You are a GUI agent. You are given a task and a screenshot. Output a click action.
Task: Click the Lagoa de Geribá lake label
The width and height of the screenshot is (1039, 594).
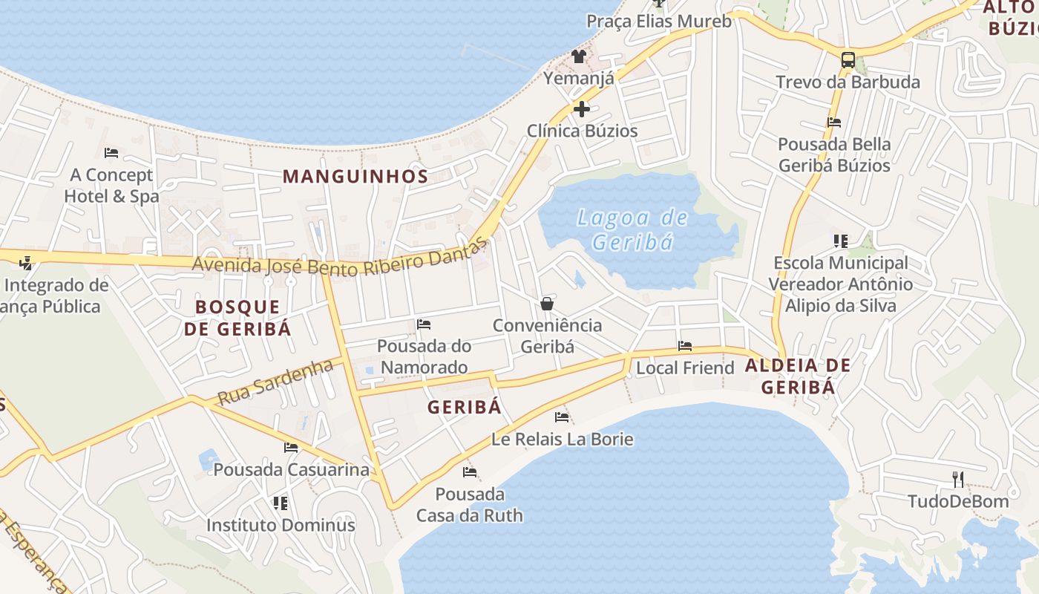[x=633, y=229]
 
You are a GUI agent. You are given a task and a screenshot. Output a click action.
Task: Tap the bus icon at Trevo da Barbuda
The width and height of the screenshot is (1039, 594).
[x=848, y=59]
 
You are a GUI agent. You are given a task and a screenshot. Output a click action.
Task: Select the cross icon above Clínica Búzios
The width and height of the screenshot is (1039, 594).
[x=582, y=109]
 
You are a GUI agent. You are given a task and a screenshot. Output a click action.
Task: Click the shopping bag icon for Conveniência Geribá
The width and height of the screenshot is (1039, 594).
[x=547, y=303]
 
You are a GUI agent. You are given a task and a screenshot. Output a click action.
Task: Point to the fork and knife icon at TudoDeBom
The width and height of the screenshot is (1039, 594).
[x=958, y=479]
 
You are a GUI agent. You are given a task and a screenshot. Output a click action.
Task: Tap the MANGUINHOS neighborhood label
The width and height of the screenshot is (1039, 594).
[x=355, y=177]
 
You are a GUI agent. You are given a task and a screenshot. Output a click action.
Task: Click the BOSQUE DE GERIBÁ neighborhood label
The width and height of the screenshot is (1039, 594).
[x=237, y=318]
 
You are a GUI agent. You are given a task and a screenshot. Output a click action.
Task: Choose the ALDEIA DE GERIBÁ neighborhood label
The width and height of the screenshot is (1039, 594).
[x=798, y=376]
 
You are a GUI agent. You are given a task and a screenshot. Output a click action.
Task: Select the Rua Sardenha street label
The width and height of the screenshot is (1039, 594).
[x=275, y=381]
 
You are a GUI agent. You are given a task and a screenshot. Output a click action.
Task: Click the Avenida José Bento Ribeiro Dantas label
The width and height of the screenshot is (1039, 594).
[x=341, y=260]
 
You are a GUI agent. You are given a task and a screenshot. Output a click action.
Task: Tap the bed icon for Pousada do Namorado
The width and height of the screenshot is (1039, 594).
[x=424, y=324]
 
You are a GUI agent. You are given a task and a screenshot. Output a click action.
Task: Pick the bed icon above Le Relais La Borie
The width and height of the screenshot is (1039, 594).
[x=562, y=417]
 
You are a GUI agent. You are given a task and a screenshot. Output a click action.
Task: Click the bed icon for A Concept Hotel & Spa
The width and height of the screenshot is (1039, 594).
[x=111, y=153]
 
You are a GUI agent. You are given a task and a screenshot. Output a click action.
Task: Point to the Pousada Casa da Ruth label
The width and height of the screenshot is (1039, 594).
[x=469, y=505]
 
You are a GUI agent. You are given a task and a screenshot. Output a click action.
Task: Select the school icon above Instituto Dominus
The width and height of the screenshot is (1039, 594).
[x=281, y=503]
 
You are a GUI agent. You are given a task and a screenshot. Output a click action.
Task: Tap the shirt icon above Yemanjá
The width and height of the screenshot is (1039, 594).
[x=579, y=56]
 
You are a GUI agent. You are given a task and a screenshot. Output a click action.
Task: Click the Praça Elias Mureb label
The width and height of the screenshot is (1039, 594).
[x=659, y=21]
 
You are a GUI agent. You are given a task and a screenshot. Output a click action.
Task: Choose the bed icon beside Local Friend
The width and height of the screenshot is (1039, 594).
[x=685, y=346]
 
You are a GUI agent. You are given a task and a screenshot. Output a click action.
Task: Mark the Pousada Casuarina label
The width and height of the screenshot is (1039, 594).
[x=291, y=470]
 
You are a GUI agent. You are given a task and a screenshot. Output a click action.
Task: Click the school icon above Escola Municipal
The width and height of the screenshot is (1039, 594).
[x=841, y=241]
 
